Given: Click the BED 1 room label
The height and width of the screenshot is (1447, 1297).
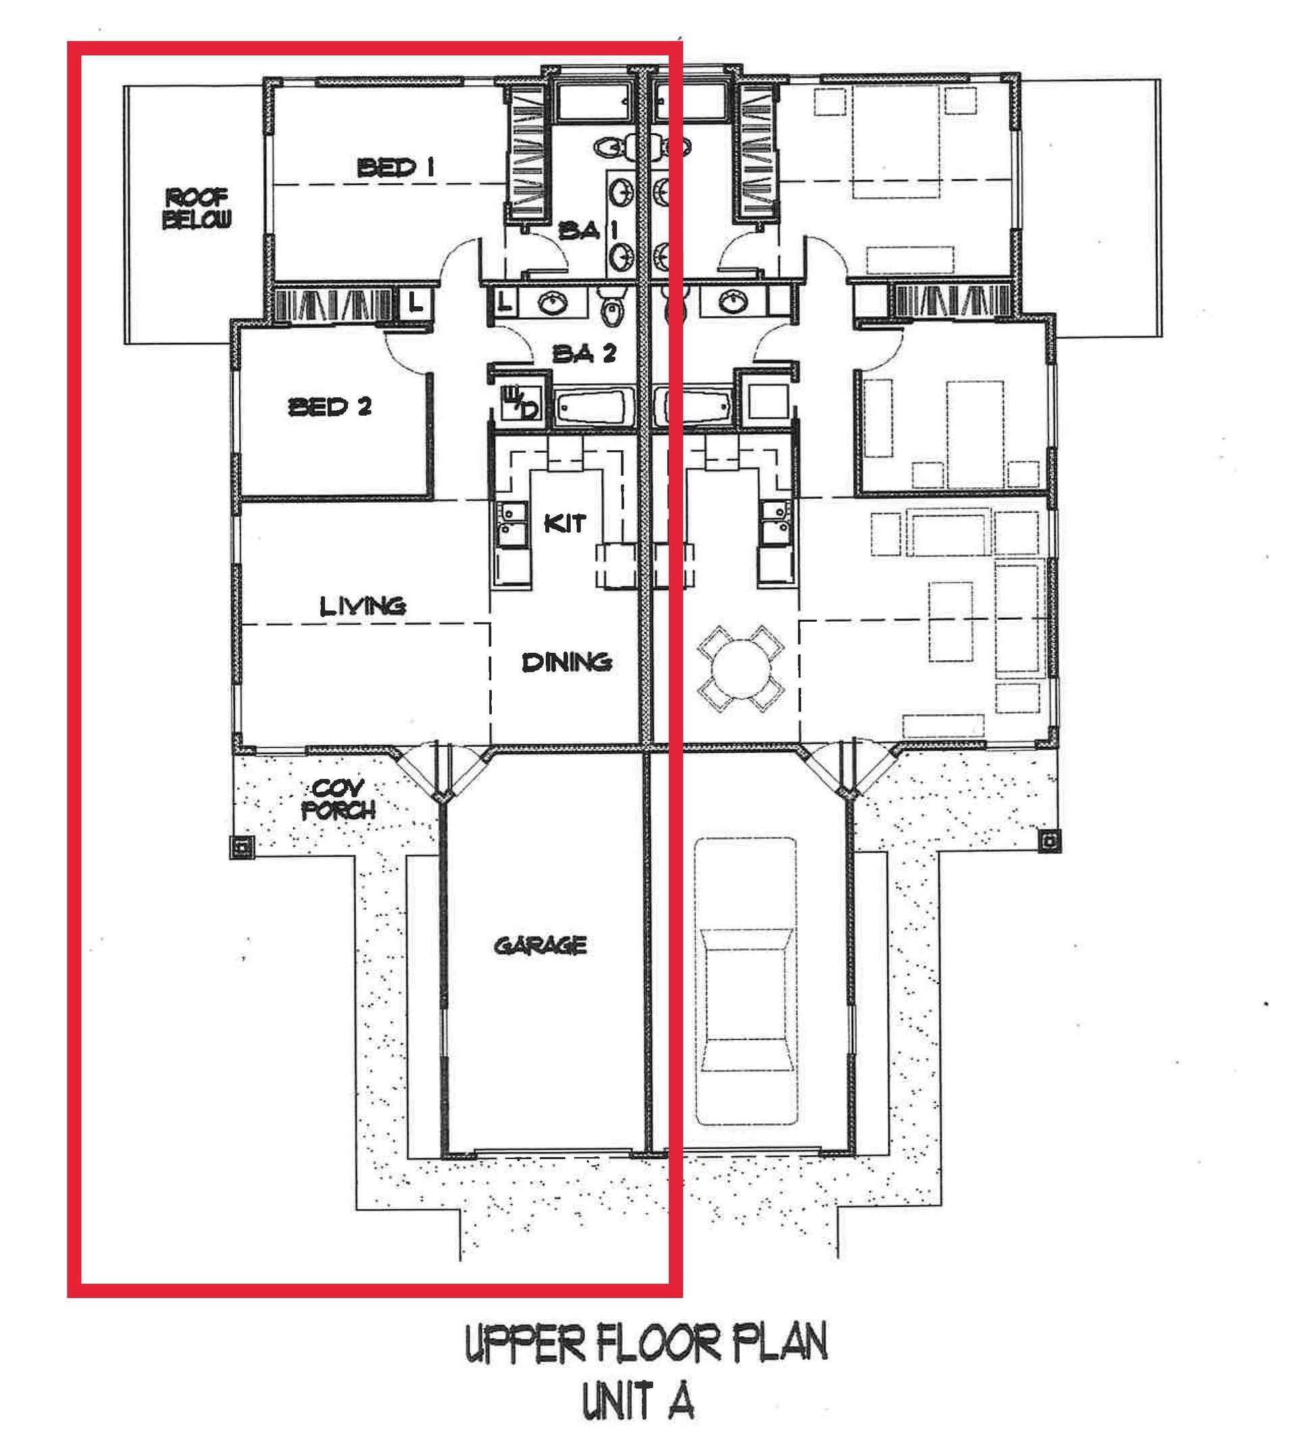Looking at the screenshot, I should [395, 168].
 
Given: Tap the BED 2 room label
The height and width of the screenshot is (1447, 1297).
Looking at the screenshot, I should [330, 407].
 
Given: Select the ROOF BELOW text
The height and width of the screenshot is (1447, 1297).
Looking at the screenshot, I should [197, 208].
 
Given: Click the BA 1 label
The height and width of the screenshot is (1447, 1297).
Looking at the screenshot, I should [587, 231].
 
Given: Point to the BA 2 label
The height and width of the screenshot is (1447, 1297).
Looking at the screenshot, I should [584, 353].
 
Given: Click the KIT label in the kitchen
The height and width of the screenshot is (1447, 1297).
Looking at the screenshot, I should [565, 524].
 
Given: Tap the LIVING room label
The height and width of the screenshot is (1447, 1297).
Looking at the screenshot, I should [363, 607].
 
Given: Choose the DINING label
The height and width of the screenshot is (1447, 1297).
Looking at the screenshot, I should [567, 662].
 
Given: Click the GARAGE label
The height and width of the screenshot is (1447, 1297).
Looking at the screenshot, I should [540, 946].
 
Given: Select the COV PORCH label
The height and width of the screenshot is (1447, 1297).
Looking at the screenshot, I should [338, 799].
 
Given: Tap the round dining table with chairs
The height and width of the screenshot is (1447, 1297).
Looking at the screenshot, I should [741, 668].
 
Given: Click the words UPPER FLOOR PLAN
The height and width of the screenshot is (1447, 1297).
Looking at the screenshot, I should [646, 1344].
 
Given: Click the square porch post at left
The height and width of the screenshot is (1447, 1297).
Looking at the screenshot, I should [242, 847].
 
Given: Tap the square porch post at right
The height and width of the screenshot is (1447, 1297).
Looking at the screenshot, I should [1048, 842].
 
